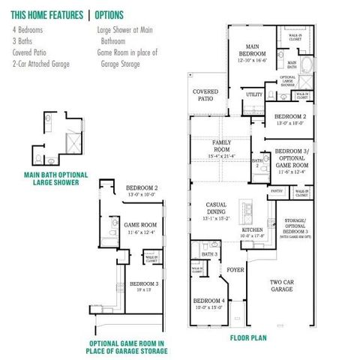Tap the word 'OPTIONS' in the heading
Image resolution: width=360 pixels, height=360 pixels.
[x=108, y=15]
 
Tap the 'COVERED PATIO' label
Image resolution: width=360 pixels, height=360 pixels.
[x=205, y=95]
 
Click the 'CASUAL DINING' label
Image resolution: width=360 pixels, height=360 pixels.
[x=221, y=214]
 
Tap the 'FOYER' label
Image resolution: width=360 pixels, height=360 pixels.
[x=235, y=268]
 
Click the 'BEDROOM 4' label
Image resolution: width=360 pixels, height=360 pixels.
[x=207, y=303]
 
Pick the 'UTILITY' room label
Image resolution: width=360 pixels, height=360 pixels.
[x=254, y=94]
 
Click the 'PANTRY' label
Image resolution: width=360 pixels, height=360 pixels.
[x=276, y=192]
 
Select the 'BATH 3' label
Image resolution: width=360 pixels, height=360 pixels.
[x=211, y=255]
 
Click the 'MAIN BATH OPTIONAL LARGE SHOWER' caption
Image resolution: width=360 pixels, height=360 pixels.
[x=56, y=179]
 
